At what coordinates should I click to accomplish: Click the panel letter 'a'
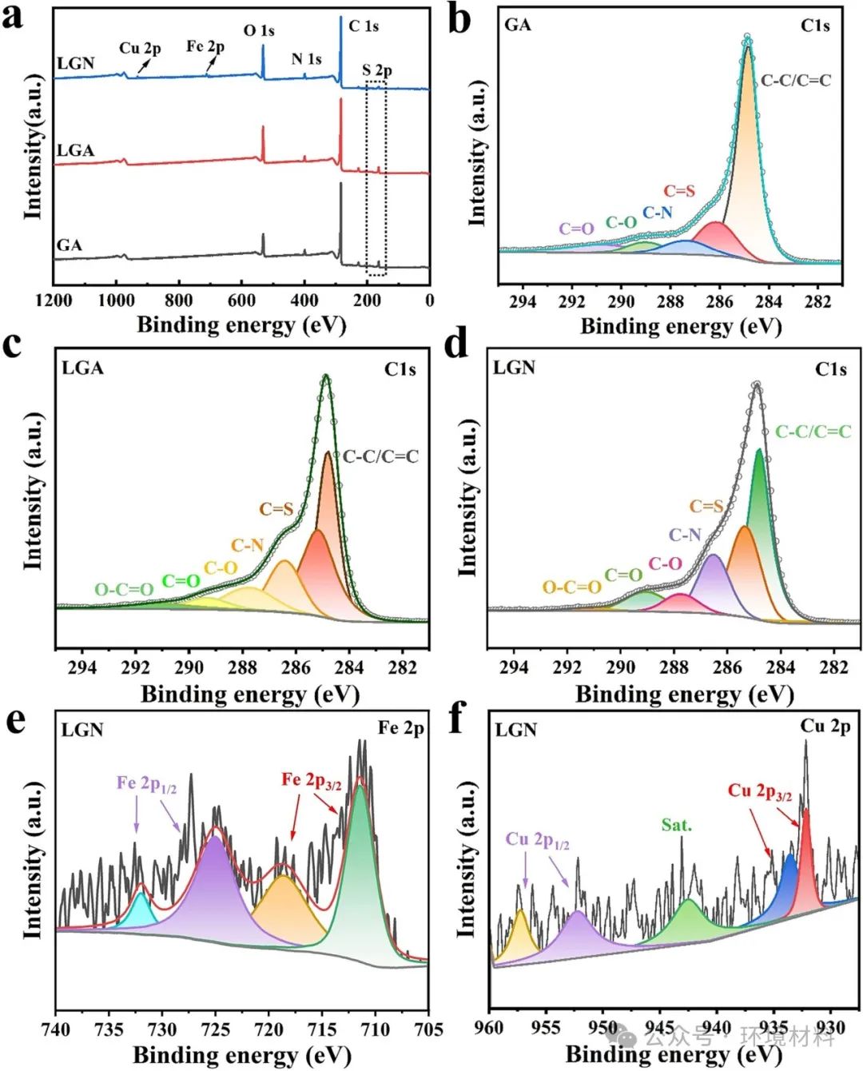(13, 16)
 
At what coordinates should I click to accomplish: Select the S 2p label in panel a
(376, 70)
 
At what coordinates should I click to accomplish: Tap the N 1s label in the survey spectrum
(306, 59)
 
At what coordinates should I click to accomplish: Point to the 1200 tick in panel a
(54, 301)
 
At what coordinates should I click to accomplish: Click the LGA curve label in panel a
(75, 150)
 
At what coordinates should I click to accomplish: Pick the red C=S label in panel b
(679, 191)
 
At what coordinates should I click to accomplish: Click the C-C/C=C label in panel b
(796, 80)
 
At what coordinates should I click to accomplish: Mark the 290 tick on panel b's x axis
(621, 302)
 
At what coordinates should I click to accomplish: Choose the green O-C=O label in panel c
(124, 590)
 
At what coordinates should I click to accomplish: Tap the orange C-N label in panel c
(247, 545)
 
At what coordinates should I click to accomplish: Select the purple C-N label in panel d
(685, 535)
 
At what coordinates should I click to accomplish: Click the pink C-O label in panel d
(665, 563)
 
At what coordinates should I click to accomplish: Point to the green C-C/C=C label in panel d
(813, 432)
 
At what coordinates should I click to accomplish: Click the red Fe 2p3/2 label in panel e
(311, 780)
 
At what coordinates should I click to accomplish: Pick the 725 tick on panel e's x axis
(216, 1029)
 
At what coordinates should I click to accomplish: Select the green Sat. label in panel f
(676, 825)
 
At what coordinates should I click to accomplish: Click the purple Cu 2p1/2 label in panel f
(537, 840)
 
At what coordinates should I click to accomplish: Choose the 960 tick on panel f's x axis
(490, 1027)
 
